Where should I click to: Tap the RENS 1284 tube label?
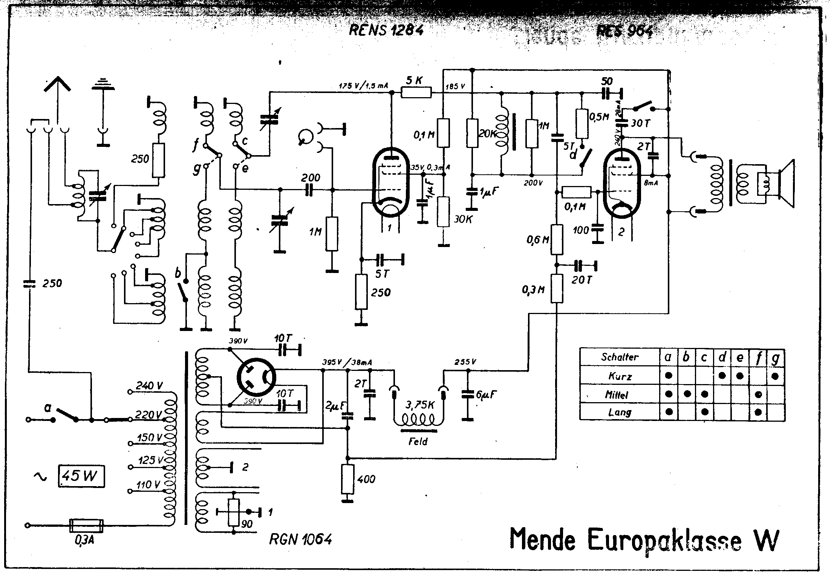click(386, 30)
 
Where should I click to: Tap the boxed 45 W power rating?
click(81, 477)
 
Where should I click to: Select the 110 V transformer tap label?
click(149, 485)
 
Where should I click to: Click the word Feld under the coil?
click(418, 441)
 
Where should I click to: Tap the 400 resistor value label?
click(366, 479)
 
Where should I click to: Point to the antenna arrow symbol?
click(57, 85)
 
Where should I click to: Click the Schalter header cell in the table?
click(620, 357)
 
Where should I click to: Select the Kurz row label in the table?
click(620, 376)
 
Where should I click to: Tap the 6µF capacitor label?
click(486, 394)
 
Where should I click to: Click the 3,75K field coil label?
click(420, 405)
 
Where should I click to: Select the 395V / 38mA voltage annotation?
click(347, 363)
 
